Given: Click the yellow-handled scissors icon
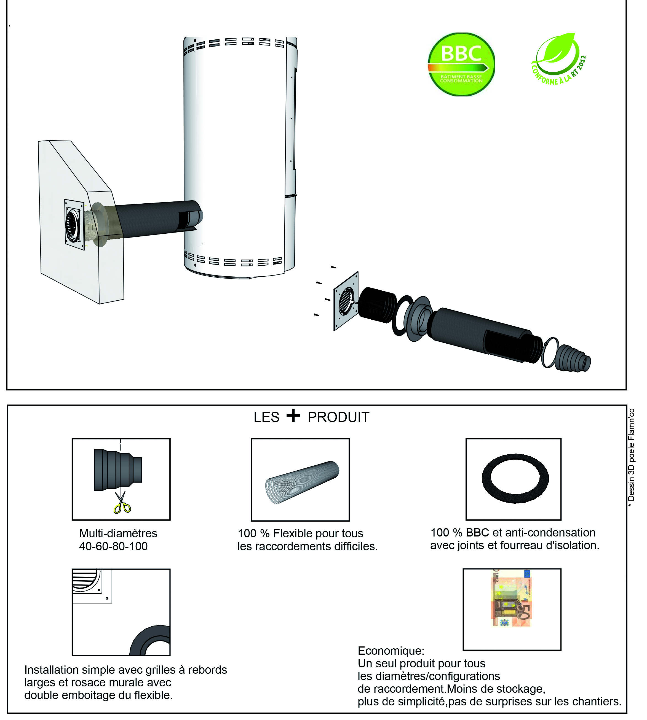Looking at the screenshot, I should [122, 503].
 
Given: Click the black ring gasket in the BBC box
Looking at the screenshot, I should [515, 478].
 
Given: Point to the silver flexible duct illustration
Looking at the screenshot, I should [302, 482].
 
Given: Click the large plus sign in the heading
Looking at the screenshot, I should [293, 416].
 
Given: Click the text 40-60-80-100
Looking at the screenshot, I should [113, 546].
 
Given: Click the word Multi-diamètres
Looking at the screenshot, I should [118, 533].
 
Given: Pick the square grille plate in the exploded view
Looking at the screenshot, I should [346, 301].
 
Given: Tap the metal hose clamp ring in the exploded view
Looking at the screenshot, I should [550, 352].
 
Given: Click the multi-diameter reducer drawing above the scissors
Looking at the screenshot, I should [118, 470].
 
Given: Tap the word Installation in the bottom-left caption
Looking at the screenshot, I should [51, 670].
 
